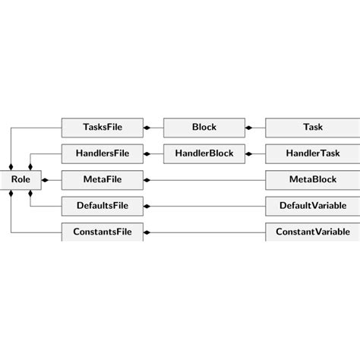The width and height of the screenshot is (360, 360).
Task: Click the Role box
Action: tap(20, 180)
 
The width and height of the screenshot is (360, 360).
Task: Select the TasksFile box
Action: tap(102, 128)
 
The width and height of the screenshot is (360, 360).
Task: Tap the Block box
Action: tap(204, 128)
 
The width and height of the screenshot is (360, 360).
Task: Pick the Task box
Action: tap(312, 128)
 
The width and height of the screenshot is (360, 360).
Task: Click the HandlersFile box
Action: tap(102, 153)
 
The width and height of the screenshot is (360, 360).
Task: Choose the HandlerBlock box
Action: tap(204, 153)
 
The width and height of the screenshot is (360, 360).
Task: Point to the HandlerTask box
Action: tap(312, 153)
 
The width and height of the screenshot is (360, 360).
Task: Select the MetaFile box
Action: tap(102, 180)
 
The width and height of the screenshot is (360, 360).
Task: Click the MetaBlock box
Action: tap(312, 180)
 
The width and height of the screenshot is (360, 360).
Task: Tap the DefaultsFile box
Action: tap(102, 206)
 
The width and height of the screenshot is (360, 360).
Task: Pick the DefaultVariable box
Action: tap(312, 206)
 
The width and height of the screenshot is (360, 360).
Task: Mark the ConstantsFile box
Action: tap(102, 232)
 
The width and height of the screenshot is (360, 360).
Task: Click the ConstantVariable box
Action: tap(312, 232)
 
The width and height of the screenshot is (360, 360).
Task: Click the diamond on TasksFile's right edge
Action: tap(147, 128)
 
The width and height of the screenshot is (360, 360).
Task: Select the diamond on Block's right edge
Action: tap(249, 128)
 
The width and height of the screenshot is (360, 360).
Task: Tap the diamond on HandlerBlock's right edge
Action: tap(249, 153)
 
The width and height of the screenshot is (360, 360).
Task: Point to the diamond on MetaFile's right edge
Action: tap(147, 180)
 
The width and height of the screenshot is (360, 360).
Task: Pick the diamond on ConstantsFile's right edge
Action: tap(147, 232)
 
